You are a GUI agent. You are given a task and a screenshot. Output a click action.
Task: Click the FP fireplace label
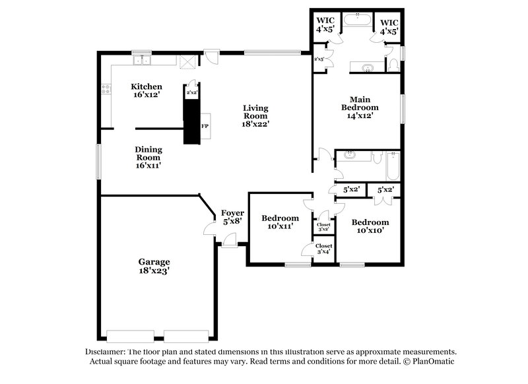pos(205,126)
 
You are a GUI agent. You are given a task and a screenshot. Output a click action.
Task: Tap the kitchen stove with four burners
pos(104,90)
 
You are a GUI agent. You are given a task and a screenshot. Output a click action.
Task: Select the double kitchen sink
pos(142,61)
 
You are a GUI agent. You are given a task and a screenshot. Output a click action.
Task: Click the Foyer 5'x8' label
pos(232,217)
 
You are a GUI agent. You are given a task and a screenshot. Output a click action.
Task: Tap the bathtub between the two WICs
pos(357,19)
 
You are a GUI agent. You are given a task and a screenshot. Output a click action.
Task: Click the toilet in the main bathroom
pos(393,65)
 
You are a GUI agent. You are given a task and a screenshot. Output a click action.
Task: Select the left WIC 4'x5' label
pos(325,26)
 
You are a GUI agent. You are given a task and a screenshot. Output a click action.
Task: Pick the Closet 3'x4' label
pos(323,249)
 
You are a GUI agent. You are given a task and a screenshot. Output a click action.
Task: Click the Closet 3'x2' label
pos(323,227)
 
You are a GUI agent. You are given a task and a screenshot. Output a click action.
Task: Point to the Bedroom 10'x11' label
pos(280,222)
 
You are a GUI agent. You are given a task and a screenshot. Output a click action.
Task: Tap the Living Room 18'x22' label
pos(255,115)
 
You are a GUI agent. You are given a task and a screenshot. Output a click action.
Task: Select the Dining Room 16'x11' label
pos(148,157)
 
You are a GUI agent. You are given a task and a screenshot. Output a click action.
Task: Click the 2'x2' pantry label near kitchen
pos(192,93)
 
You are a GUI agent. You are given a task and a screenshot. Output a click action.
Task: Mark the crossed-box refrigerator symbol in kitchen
pos(187,61)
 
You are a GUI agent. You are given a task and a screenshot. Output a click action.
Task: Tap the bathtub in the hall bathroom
pos(393,166)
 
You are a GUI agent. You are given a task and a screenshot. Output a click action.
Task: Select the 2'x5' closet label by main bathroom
pos(318,59)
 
